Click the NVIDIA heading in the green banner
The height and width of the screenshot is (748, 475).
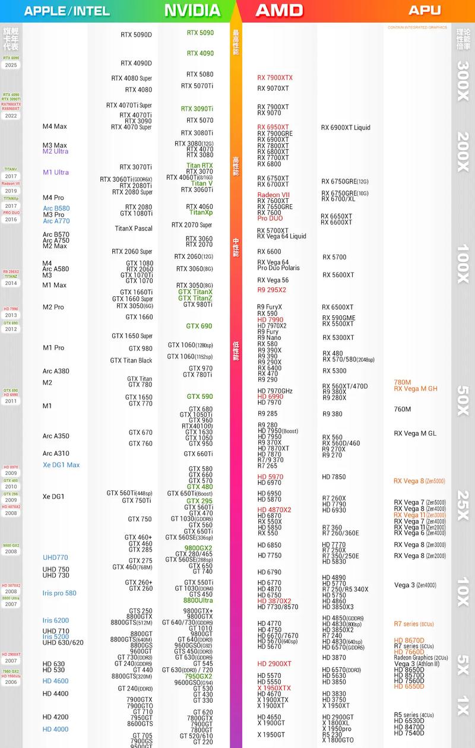coord(192,10)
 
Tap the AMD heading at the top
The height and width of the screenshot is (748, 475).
coord(279,10)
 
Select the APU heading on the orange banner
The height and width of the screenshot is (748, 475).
coord(425,10)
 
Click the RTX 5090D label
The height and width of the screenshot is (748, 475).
coord(136,35)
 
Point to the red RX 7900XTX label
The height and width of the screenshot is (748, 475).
coord(275,78)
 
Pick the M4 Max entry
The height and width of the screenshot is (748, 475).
coord(55,126)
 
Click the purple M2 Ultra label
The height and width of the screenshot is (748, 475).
coord(55,151)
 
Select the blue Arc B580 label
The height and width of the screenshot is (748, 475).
coord(56,208)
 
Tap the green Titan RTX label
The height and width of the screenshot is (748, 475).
coord(199,166)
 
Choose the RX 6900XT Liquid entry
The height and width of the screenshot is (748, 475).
coord(346,128)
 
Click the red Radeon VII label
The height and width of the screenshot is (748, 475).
coord(273,195)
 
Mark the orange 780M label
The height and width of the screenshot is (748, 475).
coord(403,382)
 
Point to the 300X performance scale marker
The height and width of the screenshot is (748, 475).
coord(463,80)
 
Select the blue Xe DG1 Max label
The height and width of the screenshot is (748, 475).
coord(61,465)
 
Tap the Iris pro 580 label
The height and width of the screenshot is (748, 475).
coord(59,593)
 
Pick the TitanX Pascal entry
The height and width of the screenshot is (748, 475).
coord(134,229)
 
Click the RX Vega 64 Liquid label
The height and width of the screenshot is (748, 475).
coord(281,236)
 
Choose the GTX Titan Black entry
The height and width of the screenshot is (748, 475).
coord(131,360)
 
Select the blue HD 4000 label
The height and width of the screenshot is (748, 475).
coord(55,729)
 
